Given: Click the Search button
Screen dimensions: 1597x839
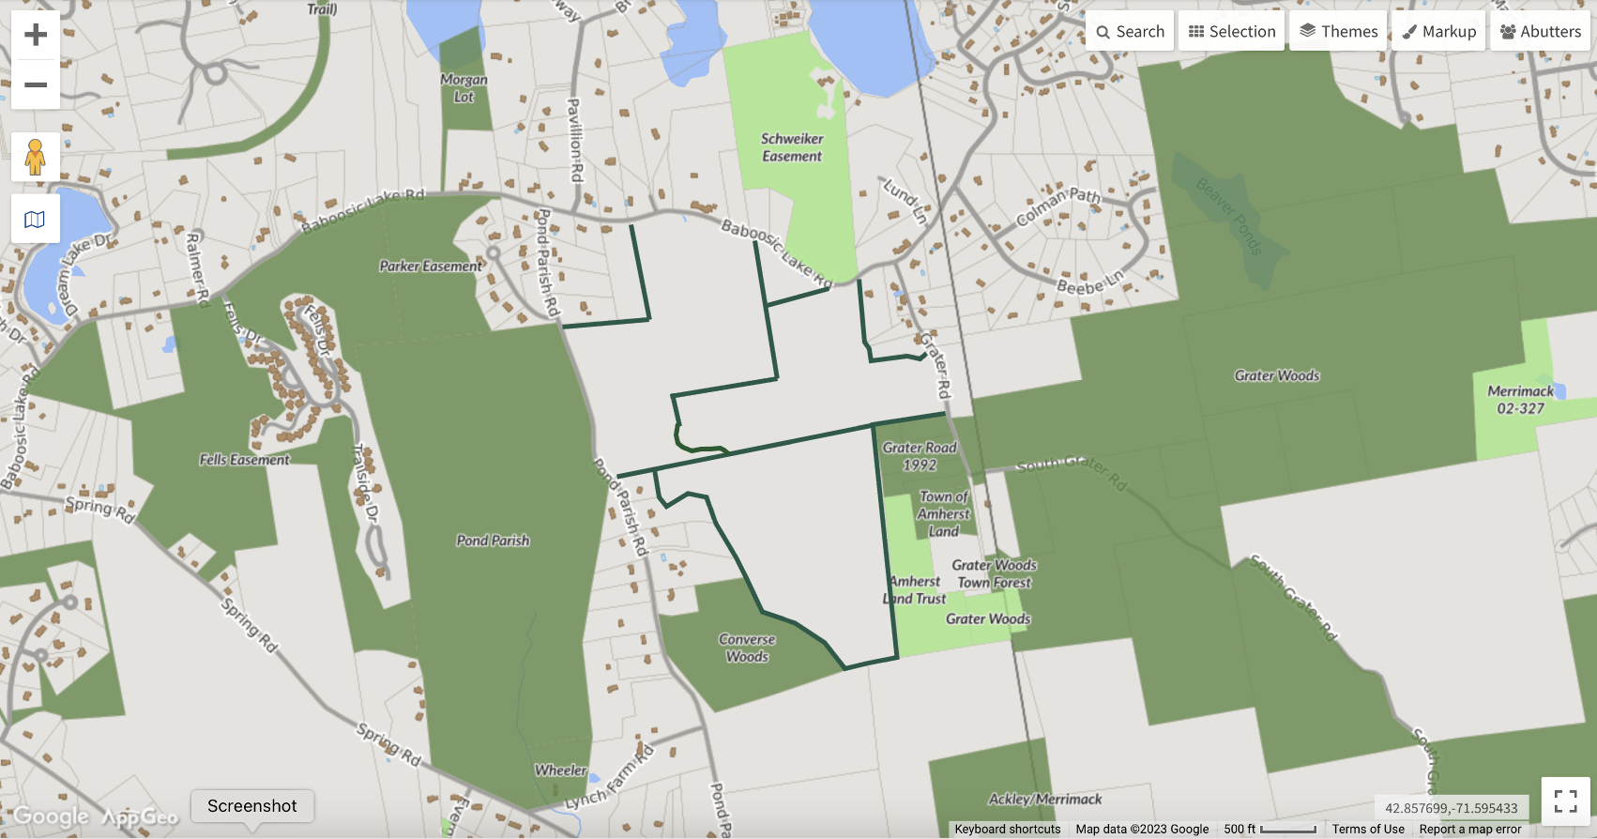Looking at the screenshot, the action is [x=1130, y=31].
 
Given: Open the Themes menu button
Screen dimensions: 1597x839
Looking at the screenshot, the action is [x=1338, y=31].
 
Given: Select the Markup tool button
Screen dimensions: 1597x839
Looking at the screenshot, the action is [x=1438, y=31].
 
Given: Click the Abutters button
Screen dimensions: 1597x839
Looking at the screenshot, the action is [x=1540, y=31].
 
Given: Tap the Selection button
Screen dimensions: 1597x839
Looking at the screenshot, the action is [x=1232, y=31].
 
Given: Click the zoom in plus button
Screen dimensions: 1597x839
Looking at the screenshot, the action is [x=36, y=35].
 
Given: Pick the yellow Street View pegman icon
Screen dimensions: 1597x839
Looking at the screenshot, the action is [x=36, y=157].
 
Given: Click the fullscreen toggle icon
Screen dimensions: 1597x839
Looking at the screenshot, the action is [x=1565, y=801].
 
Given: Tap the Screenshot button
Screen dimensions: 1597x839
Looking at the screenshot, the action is [x=251, y=806].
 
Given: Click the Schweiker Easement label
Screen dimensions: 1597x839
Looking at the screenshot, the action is [x=792, y=147].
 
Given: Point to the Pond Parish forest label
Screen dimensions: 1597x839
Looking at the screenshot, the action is [x=493, y=541].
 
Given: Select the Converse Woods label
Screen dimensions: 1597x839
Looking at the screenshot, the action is [x=747, y=648].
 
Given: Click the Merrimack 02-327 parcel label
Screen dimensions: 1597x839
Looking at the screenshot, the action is [x=1520, y=400].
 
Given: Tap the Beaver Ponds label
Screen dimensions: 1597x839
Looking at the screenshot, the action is [x=1229, y=217].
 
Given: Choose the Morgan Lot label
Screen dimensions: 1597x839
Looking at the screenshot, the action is [x=464, y=88].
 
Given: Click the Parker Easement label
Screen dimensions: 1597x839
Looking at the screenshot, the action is [x=431, y=267].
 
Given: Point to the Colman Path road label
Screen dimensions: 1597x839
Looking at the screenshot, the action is [x=1057, y=207].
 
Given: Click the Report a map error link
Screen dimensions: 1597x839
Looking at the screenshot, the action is [x=1469, y=830].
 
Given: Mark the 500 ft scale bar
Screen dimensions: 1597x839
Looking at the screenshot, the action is [x=1270, y=830].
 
